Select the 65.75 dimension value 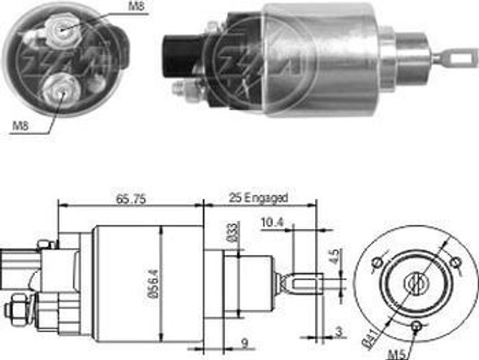pyautogui.click(x=130, y=197)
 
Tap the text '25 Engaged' pyautogui.click(x=258, y=197)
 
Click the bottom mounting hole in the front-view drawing pyautogui.click(x=417, y=326)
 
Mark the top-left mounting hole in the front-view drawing pyautogui.click(x=377, y=262)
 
